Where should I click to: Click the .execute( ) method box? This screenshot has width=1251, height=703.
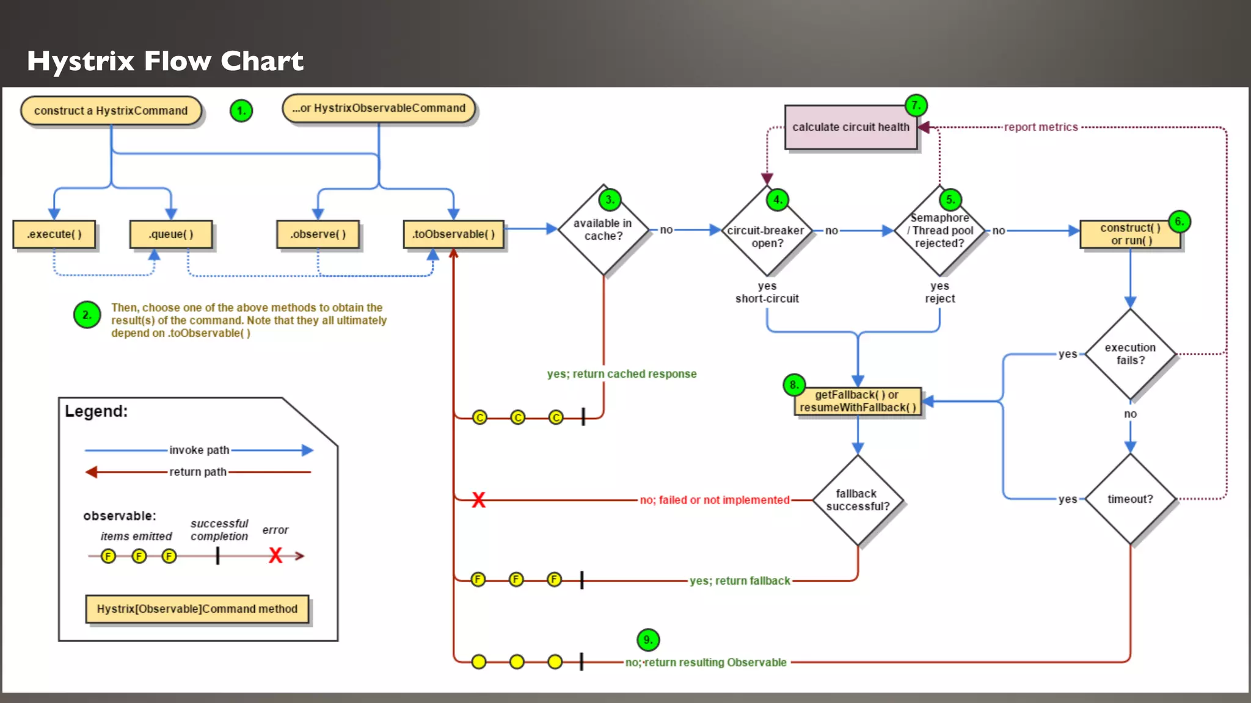click(54, 234)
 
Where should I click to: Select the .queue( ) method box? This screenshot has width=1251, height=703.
click(171, 234)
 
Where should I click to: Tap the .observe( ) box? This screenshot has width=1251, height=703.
click(318, 234)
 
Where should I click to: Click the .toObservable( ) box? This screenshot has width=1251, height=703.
click(453, 234)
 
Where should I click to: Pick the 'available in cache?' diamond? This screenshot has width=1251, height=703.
click(603, 230)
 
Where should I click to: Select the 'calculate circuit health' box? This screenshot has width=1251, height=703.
click(851, 127)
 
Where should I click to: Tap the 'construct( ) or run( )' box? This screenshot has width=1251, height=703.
click(1130, 234)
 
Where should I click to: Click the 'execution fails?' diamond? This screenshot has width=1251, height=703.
click(1130, 354)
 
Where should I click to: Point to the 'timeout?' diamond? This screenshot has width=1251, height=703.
click(1130, 499)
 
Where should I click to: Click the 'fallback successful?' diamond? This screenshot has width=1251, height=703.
click(858, 500)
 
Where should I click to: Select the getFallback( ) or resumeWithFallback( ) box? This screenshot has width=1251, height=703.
click(858, 402)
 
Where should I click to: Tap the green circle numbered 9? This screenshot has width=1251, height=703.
click(648, 640)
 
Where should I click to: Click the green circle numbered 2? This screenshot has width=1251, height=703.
click(87, 315)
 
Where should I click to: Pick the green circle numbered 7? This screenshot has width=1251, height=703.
click(916, 105)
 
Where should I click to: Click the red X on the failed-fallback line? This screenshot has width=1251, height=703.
click(478, 500)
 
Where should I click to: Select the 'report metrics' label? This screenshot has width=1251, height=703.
click(1041, 127)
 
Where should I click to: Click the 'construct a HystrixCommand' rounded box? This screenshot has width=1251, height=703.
click(111, 110)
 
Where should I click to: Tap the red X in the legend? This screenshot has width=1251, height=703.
click(275, 555)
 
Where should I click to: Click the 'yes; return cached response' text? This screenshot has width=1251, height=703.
click(621, 374)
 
